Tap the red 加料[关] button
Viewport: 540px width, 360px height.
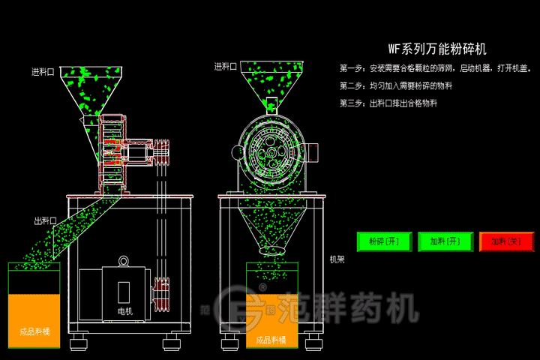[506, 241]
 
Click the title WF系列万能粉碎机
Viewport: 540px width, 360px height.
[437, 49]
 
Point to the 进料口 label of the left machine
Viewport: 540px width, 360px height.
[43, 73]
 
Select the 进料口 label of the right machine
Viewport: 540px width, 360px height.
[225, 67]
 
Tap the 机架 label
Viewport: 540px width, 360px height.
[337, 259]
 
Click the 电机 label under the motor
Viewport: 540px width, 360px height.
[125, 310]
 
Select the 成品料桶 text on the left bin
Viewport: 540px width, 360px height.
[34, 331]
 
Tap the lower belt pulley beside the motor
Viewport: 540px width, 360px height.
[160, 292]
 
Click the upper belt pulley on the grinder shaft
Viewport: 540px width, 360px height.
[163, 152]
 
